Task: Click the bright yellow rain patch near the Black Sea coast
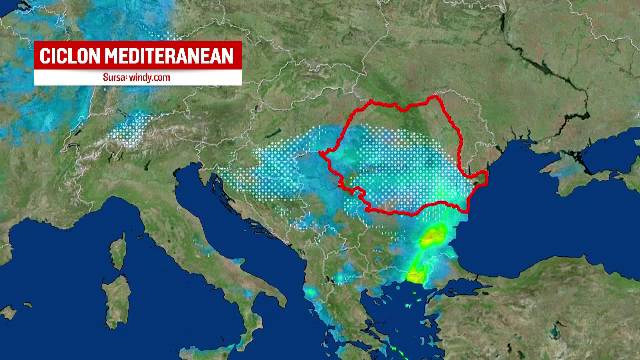click(431, 238)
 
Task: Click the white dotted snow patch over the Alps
click(135, 128)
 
